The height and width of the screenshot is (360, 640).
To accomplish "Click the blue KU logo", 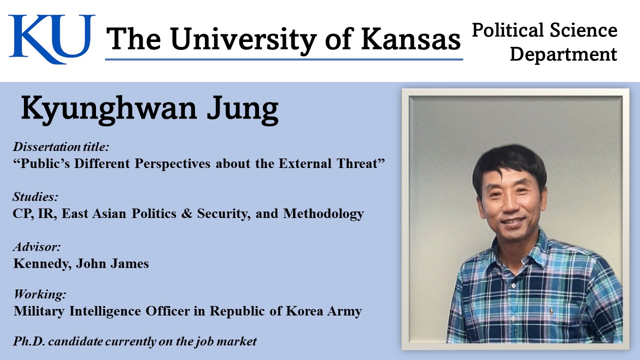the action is coord(51,38).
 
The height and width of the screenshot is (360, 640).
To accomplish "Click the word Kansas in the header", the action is coord(411,39).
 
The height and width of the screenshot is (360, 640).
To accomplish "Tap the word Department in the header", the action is coord(563,54).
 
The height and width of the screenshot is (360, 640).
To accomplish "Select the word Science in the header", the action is coord(583,30).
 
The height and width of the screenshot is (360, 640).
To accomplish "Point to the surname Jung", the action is coord(242,110).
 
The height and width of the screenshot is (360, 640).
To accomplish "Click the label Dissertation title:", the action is coord(61,146).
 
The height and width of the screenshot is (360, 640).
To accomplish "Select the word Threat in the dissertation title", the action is coord(361,163).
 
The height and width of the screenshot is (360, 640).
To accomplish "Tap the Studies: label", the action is coord(35,196).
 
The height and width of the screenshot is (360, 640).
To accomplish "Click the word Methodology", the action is coord(323,213).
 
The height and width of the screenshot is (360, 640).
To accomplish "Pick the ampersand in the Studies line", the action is coord(186,213).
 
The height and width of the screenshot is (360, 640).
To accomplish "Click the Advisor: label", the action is coord(37,246).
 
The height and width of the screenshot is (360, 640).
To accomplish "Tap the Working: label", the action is coord(39,293).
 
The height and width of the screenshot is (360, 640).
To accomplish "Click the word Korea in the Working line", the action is coord(304,311).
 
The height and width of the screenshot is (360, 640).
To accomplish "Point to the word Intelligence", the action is coord(105,311).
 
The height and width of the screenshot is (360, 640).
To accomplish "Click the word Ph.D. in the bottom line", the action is coord(29,341).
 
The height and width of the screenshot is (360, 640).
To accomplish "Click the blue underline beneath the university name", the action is coord(284,59).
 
